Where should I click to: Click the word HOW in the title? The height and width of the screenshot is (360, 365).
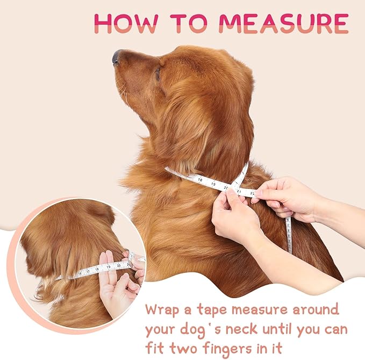click(x=123, y=23)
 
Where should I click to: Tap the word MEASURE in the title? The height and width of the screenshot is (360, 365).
click(x=283, y=23)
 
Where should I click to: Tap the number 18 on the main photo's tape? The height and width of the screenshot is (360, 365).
click(x=200, y=180)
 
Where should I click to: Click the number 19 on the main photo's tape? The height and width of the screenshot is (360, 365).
click(x=213, y=184)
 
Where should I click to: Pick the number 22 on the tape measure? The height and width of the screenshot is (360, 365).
click(x=252, y=192)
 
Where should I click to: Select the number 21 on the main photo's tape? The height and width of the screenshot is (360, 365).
click(x=239, y=190)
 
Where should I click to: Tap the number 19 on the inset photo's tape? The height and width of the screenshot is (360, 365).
click(x=109, y=266)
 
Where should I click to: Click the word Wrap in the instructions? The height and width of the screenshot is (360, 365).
click(x=164, y=310)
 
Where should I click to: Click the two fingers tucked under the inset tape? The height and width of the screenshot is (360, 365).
click(x=107, y=280)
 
